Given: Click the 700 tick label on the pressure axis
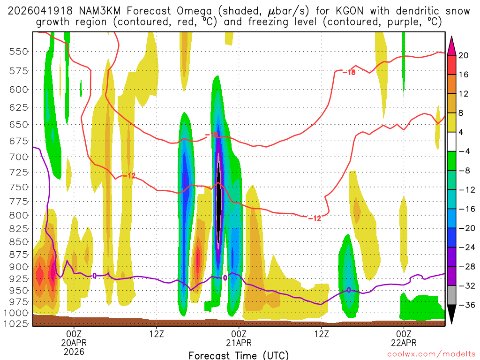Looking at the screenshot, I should pyautogui.click(x=18, y=157).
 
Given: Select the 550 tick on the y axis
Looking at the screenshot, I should pyautogui.click(x=18, y=52).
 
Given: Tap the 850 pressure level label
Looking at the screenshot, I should pyautogui.click(x=18, y=242).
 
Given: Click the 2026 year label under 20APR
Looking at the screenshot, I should pyautogui.click(x=74, y=351).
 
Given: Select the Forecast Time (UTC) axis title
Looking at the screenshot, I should pyautogui.click(x=239, y=355).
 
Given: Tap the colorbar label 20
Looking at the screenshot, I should pyautogui.click(x=463, y=55).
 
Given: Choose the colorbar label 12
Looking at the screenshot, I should pyautogui.click(x=463, y=94).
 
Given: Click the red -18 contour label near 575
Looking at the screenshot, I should pyautogui.click(x=349, y=72).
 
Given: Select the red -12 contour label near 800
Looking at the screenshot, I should pyautogui.click(x=315, y=218).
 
